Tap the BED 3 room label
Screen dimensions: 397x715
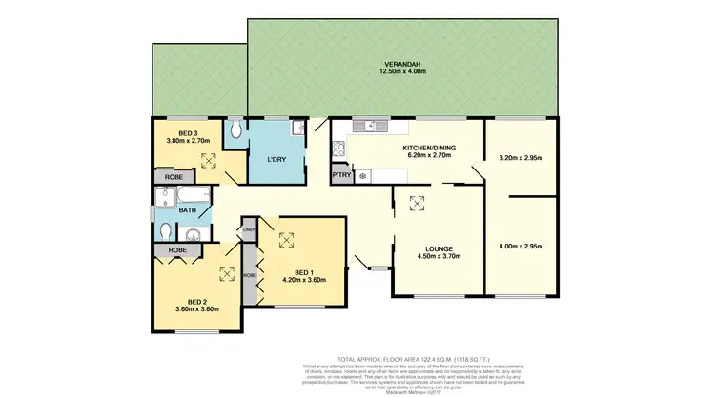(188, 133)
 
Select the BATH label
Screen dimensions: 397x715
(188, 210)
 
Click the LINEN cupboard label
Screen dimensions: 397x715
(249, 230)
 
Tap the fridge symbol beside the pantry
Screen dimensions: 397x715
(362, 177)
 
